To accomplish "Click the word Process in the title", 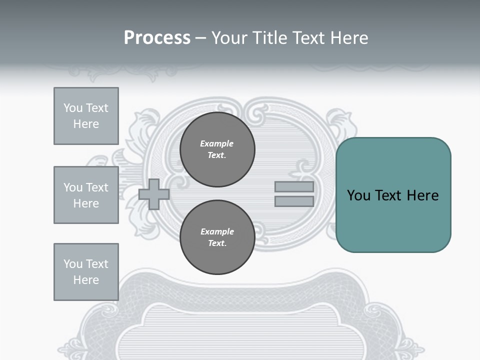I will (x=157, y=38).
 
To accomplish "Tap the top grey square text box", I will (x=86, y=116).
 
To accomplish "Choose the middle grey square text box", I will (x=86, y=195).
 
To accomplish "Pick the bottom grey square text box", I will (x=86, y=272).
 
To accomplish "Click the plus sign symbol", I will (x=154, y=194).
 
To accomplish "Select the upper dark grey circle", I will (x=217, y=149).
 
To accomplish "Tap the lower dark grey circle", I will (x=217, y=237).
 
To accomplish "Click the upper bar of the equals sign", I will (x=294, y=187).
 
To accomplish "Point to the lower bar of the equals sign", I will (x=294, y=201).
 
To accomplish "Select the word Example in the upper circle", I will (x=217, y=143).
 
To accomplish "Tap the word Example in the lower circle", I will (x=217, y=231).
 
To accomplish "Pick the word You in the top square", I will (x=73, y=108).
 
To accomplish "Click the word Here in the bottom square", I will (x=86, y=280).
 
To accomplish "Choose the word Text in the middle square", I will (x=96, y=187).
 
